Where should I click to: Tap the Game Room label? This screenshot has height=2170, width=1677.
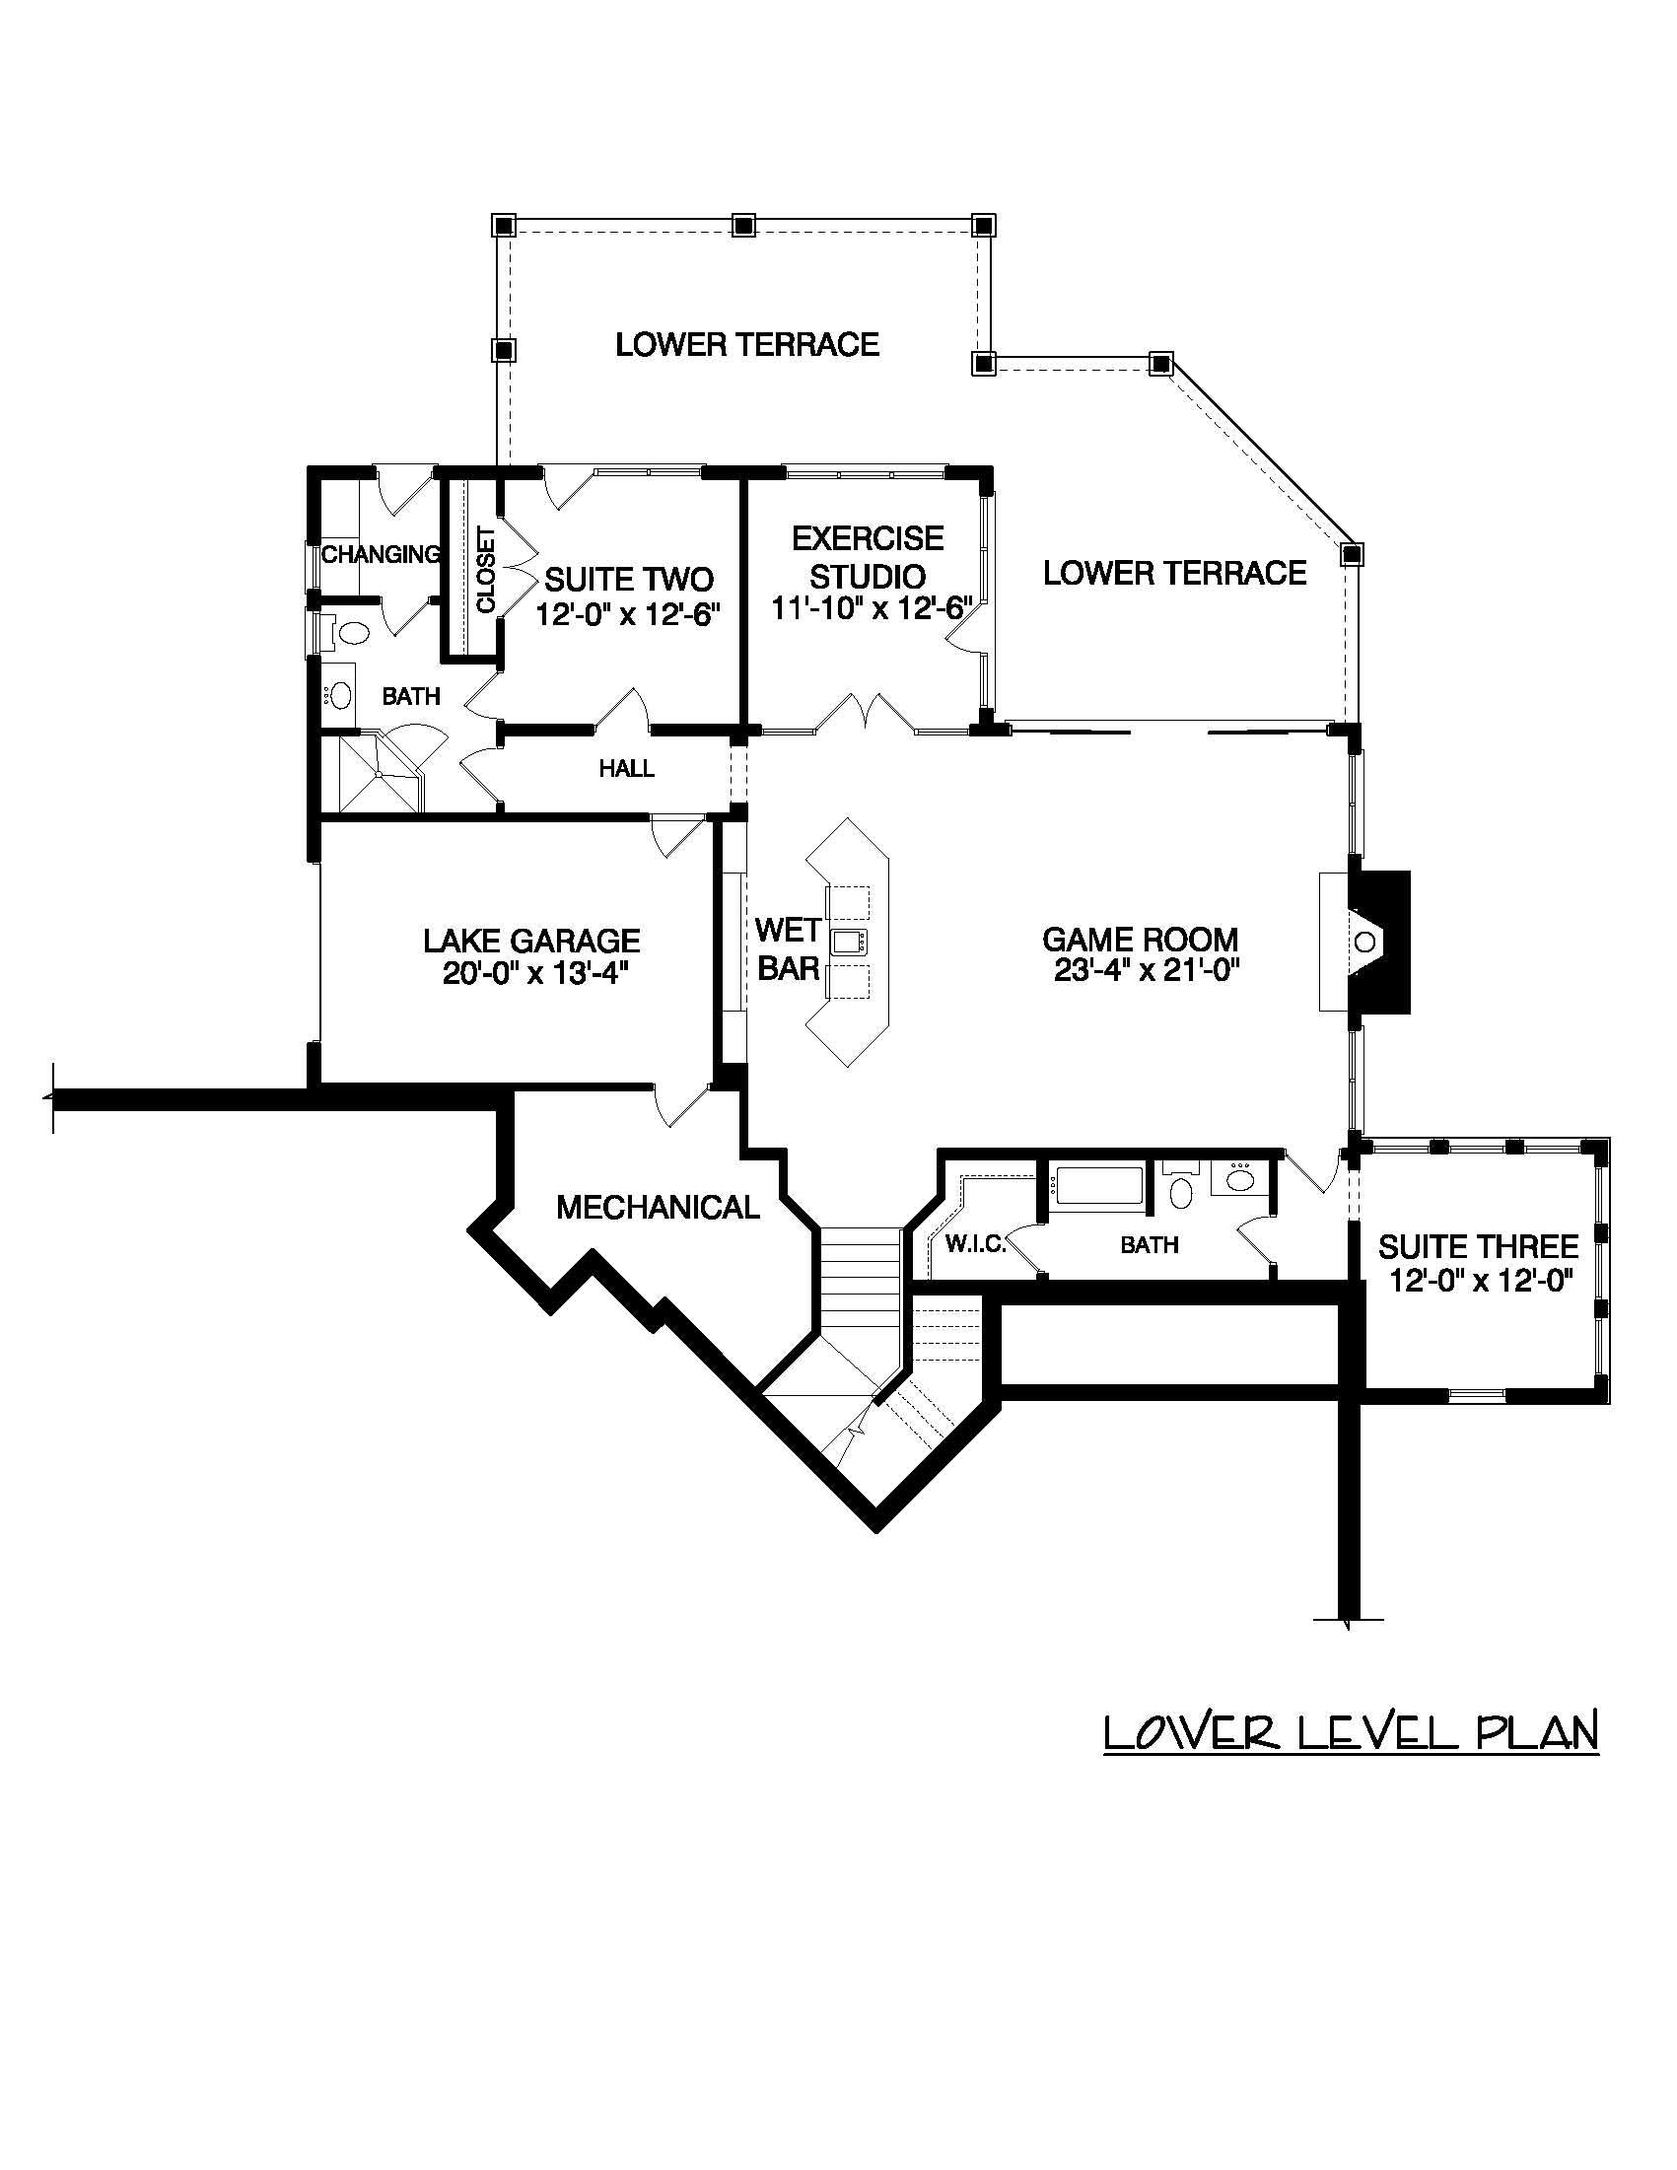pos(1140,939)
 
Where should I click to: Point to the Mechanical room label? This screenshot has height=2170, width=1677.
pos(657,1207)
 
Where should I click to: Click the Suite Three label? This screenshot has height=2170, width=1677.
pos(1477,1246)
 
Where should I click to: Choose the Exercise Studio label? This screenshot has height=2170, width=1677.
pos(868,556)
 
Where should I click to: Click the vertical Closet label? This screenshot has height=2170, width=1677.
pos(486,569)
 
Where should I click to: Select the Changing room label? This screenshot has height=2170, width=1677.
pos(380,554)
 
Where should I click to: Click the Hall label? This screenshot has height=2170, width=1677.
pos(626,768)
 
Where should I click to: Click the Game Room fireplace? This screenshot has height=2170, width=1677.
pos(1371,941)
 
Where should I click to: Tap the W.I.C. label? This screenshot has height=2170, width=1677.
pos(975,1244)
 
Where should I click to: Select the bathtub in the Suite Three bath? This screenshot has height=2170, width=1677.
pos(1097,1186)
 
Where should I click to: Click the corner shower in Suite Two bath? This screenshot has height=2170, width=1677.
pos(376,774)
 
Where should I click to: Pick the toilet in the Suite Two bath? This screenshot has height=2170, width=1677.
pos(351,631)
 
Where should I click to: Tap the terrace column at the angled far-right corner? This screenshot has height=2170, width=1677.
pos(1351,552)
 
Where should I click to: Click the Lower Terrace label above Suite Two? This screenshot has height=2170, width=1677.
pos(747,345)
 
